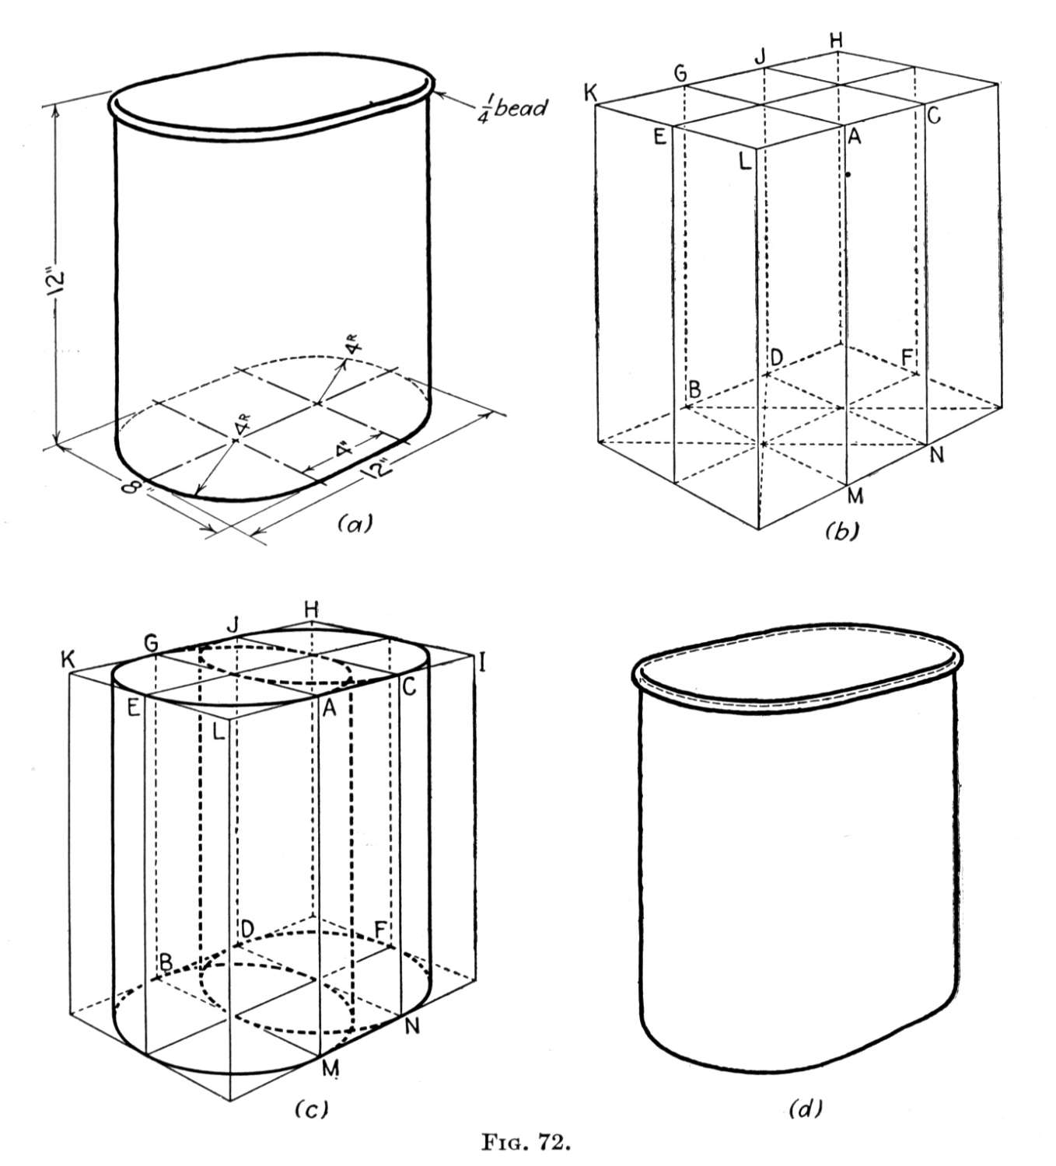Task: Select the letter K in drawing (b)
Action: (591, 93)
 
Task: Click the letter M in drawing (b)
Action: (855, 495)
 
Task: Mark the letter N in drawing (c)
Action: (411, 1027)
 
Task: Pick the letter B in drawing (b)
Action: (694, 389)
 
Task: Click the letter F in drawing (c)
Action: (381, 930)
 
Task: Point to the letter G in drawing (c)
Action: (151, 643)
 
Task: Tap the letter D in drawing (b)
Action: (776, 356)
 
